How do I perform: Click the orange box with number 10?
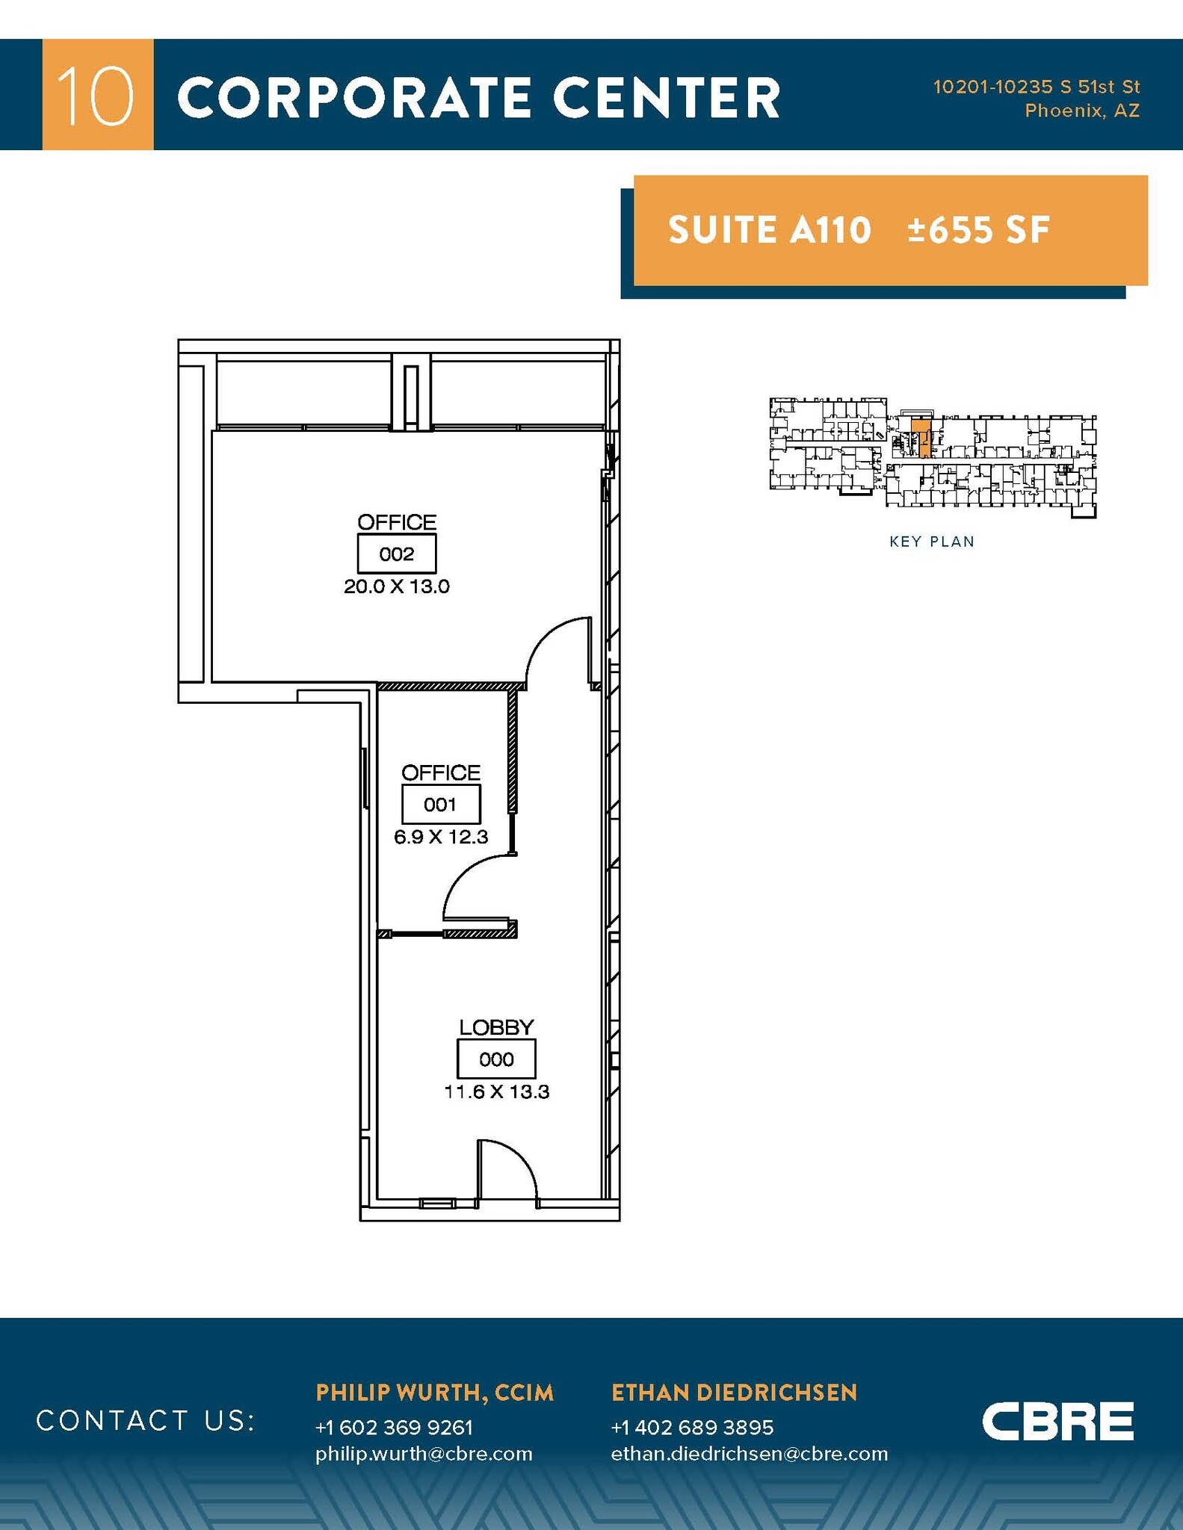click(98, 94)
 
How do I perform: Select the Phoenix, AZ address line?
click(1082, 111)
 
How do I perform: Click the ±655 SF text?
click(979, 229)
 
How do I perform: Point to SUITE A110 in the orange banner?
click(770, 229)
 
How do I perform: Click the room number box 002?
click(397, 554)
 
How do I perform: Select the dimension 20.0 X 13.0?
click(397, 586)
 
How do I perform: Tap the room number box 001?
click(441, 804)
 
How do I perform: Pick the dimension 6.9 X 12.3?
click(441, 837)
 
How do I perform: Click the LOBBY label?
click(497, 1027)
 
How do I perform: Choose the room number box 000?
click(497, 1059)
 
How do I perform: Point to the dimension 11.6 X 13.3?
click(497, 1091)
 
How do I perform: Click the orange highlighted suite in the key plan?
click(921, 438)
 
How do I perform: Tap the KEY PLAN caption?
click(932, 542)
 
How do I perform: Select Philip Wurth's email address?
click(424, 1453)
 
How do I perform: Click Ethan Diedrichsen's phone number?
click(692, 1427)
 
